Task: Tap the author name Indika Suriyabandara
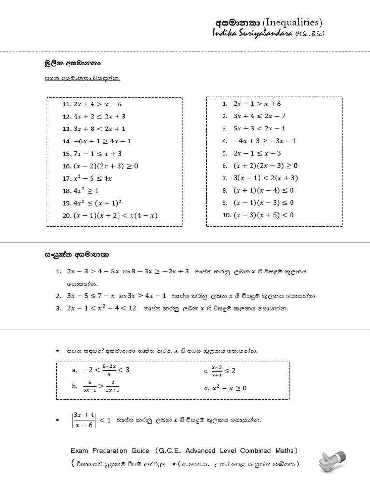click(x=251, y=33)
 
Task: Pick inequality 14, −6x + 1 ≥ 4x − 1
click(x=102, y=141)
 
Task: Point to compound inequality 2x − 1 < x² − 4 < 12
click(x=103, y=308)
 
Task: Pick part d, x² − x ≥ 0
click(x=229, y=388)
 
